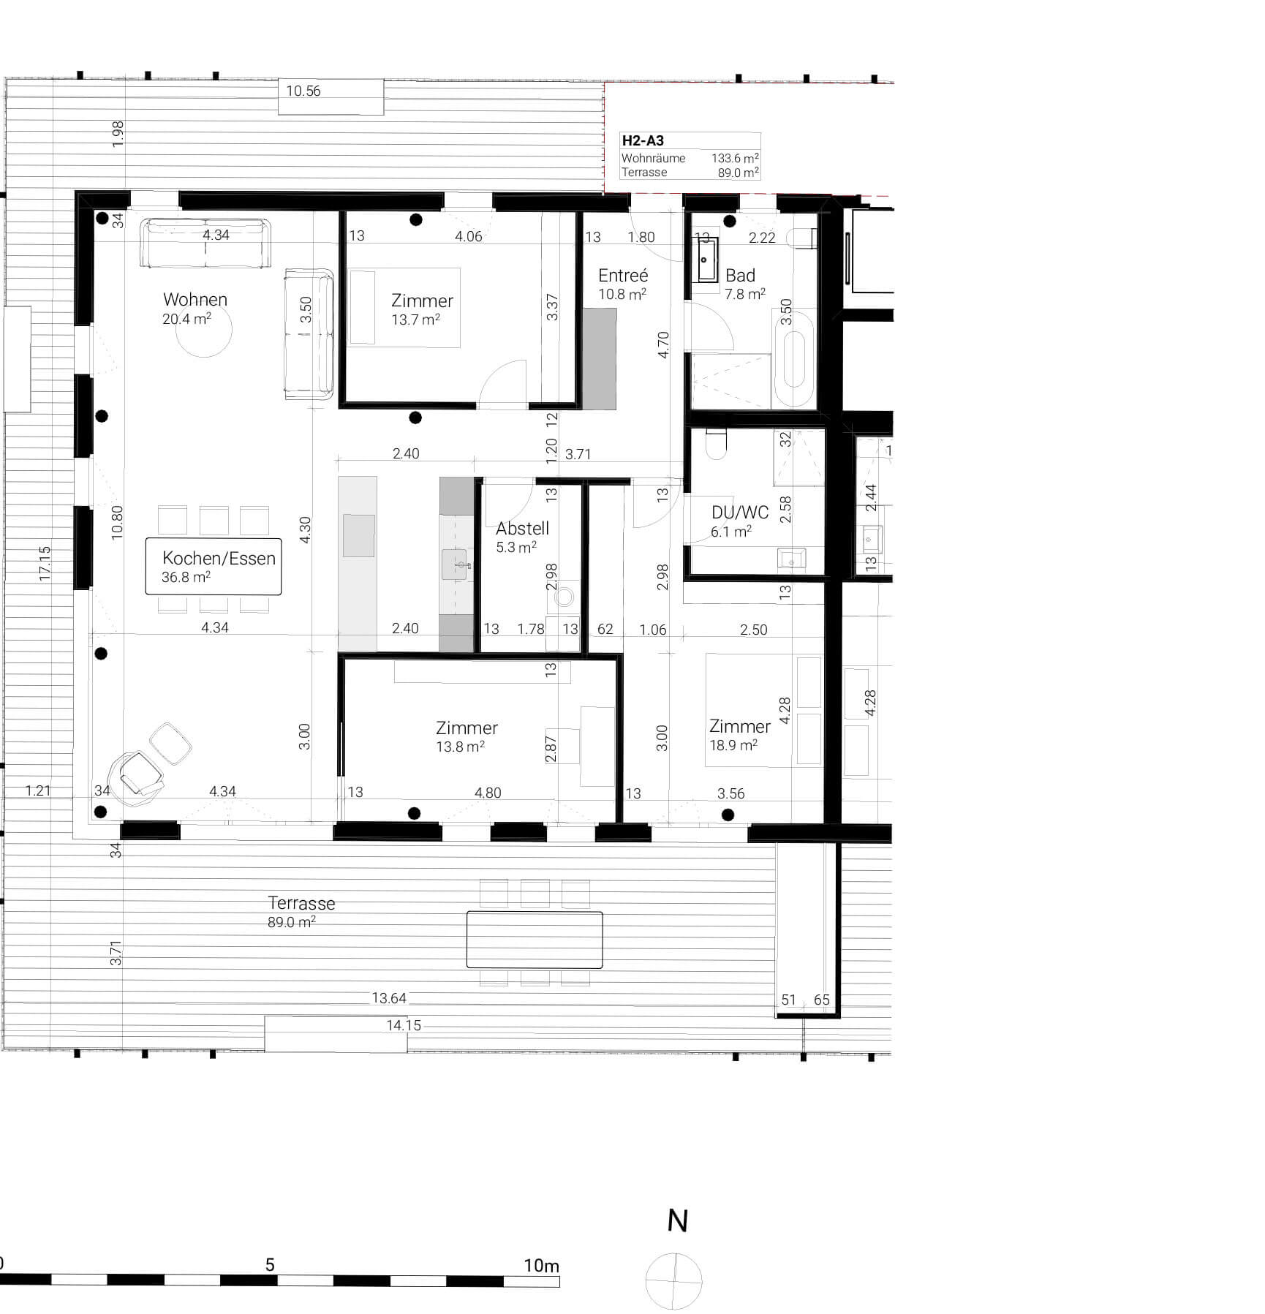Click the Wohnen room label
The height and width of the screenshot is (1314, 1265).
pyautogui.click(x=195, y=300)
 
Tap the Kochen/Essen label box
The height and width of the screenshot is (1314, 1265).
pyautogui.click(x=214, y=567)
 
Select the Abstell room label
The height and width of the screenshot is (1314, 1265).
pyautogui.click(x=522, y=529)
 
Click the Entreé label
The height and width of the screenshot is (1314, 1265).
pyautogui.click(x=623, y=276)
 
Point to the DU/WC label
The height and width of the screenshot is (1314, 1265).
pyautogui.click(x=739, y=513)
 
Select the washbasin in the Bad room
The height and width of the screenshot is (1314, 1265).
pyautogui.click(x=707, y=260)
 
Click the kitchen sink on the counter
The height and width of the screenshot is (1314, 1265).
pyautogui.click(x=454, y=565)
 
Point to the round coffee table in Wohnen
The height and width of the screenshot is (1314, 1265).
pyautogui.click(x=204, y=329)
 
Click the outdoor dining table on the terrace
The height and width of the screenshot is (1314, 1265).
pyautogui.click(x=535, y=940)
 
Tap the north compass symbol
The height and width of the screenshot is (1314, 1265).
pyautogui.click(x=674, y=1281)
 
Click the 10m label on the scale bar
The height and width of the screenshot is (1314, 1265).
pyautogui.click(x=541, y=1266)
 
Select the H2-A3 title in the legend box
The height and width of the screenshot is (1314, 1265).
pyautogui.click(x=643, y=141)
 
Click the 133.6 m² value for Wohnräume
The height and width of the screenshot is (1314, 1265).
pyautogui.click(x=735, y=158)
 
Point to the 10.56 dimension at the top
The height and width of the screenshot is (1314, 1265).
pyautogui.click(x=303, y=91)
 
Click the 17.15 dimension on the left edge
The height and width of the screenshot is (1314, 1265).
pyautogui.click(x=45, y=563)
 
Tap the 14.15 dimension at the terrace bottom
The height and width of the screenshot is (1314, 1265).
pyautogui.click(x=404, y=1026)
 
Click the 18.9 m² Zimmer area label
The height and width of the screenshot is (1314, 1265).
pyautogui.click(x=733, y=745)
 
